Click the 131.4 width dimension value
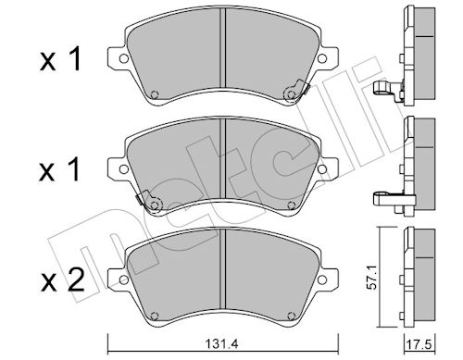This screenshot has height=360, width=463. [x=221, y=344]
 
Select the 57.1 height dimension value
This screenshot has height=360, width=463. [x=373, y=280]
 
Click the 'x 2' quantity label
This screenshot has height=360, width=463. [x=63, y=279]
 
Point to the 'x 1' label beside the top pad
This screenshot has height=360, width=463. [x=60, y=58]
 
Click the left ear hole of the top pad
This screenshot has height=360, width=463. [x=124, y=58]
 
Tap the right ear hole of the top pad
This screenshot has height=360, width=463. [x=322, y=58]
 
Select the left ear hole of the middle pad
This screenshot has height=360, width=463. [x=124, y=168]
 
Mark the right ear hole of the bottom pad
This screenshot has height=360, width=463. [x=322, y=279]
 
